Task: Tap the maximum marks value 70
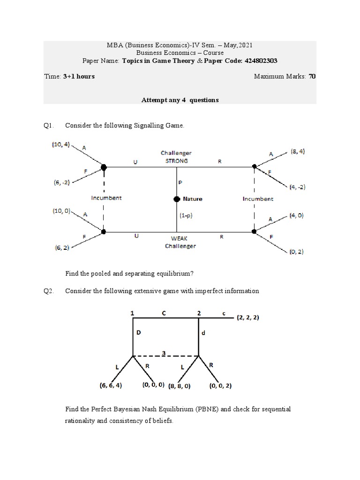[312, 76]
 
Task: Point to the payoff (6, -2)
[60, 183]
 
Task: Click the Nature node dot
[177, 199]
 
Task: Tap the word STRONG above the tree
[176, 160]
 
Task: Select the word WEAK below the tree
[180, 239]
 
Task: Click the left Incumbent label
[106, 198]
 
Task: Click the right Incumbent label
[257, 199]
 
